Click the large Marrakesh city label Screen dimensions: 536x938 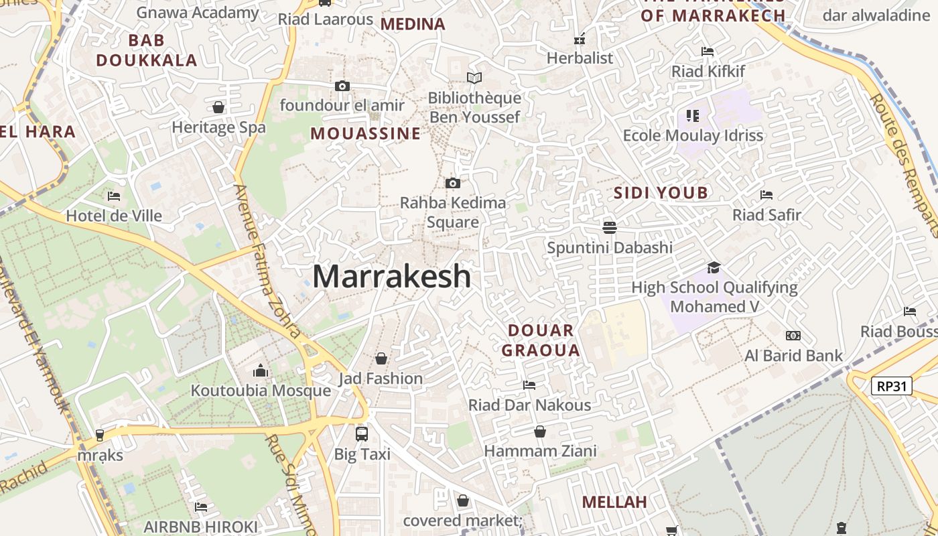(392, 276)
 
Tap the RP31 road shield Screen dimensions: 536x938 (892, 386)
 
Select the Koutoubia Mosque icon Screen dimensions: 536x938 (261, 371)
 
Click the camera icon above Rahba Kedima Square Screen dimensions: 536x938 (453, 183)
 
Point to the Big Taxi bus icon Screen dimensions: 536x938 (362, 433)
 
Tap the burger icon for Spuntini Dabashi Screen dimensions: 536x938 (609, 227)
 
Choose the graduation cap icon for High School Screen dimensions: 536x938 (714, 268)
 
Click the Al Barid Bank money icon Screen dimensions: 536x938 (793, 336)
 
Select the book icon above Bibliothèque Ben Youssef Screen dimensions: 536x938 (474, 78)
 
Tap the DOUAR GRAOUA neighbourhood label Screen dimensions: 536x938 (541, 340)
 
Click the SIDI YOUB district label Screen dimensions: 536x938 (661, 193)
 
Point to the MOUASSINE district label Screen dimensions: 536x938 (365, 133)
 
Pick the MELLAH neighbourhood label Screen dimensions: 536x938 (614, 502)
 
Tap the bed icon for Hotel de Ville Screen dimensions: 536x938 (114, 196)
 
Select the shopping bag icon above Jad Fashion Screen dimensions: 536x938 (381, 358)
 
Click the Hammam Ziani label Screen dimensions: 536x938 (540, 451)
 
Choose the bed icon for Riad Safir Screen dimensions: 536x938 (766, 195)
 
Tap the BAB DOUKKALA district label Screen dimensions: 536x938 (147, 50)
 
